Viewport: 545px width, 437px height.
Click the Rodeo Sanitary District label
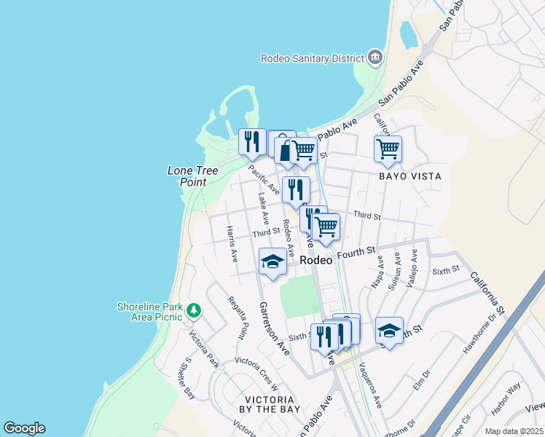pyautogui.click(x=313, y=58)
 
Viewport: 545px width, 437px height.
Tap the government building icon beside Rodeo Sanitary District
pyautogui.click(x=375, y=57)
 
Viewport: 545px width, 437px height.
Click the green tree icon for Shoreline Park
pyautogui.click(x=193, y=311)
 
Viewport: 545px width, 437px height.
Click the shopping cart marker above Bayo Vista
pyautogui.click(x=388, y=149)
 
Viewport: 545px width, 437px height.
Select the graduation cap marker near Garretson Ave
pyautogui.click(x=272, y=261)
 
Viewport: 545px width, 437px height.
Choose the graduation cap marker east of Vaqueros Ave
pyautogui.click(x=390, y=331)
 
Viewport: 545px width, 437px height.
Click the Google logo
pyautogui.click(x=24, y=428)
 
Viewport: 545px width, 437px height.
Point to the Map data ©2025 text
pyautogui.click(x=514, y=431)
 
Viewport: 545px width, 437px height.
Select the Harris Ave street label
pyautogui.click(x=232, y=244)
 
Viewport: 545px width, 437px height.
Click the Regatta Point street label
pyautogui.click(x=238, y=318)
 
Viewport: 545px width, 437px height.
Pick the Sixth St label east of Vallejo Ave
pyautogui.click(x=447, y=269)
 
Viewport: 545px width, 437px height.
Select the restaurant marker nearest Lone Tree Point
pyautogui.click(x=252, y=142)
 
